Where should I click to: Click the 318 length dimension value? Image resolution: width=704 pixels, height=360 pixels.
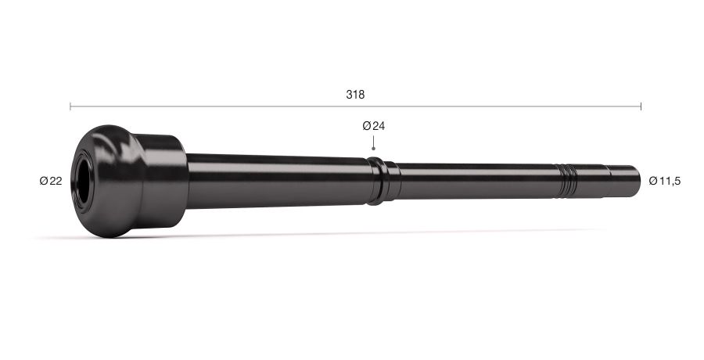click(355, 95)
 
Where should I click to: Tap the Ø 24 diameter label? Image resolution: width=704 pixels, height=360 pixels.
click(374, 126)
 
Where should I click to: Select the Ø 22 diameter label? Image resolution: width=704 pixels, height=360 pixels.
click(51, 181)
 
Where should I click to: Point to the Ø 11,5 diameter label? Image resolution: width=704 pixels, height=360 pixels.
click(664, 181)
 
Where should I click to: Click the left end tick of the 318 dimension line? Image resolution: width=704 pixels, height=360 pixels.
click(70, 106)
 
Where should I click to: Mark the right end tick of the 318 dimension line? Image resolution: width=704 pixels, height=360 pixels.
click(641, 106)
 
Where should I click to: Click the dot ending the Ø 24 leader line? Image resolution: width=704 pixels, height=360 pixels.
click(373, 149)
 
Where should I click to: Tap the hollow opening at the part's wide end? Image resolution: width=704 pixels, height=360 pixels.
click(83, 181)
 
